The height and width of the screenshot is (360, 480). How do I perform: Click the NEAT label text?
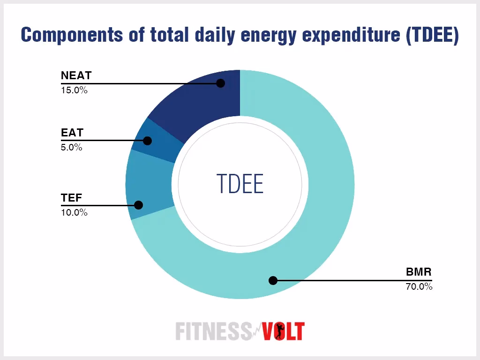coord(76,75)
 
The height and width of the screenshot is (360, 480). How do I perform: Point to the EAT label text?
coord(72,133)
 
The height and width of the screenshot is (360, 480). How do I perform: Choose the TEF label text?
coord(71,198)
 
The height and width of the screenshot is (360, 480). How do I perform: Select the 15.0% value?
coord(74,90)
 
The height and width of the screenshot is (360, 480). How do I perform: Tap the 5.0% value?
coord(72,148)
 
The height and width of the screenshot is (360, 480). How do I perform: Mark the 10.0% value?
coord(74,213)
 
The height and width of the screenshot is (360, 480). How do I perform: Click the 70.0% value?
coord(419,286)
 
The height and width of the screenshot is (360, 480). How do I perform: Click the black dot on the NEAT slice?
coord(221,83)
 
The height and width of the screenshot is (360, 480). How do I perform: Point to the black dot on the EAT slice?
coord(148,141)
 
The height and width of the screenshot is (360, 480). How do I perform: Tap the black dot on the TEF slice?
coord(138,205)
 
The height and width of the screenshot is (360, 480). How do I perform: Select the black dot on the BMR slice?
coord(273,281)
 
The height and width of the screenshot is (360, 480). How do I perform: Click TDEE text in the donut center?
coord(240,183)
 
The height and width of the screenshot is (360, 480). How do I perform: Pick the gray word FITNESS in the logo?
coord(213,331)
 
